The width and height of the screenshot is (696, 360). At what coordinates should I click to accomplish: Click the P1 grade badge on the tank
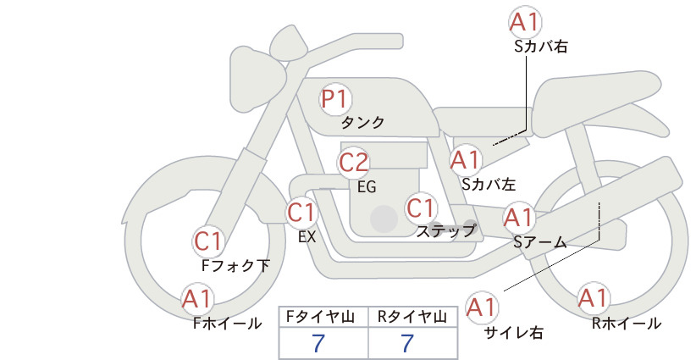coord(335,99)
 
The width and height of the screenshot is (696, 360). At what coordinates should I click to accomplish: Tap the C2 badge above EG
coord(354,163)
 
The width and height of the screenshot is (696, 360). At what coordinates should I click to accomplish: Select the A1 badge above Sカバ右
coord(525,22)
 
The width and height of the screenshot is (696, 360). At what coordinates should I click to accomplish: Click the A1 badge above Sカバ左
coord(466,160)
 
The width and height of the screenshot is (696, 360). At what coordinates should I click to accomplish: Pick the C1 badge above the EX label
coord(301,213)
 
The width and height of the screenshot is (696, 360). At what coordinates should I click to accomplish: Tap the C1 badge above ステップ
coord(421,208)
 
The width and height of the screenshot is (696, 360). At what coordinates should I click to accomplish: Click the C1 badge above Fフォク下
coord(208,242)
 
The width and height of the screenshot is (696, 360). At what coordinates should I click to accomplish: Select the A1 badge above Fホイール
coord(197,299)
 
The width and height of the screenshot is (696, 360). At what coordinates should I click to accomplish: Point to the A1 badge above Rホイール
coord(593,298)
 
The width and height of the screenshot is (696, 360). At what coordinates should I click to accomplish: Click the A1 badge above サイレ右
coord(482,307)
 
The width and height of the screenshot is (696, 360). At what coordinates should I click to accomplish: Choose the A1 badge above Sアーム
coord(518,218)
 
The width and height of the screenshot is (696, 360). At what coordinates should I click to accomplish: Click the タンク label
coord(362,123)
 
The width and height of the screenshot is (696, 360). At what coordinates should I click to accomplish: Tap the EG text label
coord(367,187)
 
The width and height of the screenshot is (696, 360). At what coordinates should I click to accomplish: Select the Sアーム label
coord(540,242)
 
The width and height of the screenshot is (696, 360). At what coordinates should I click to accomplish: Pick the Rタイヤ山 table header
coord(412,317)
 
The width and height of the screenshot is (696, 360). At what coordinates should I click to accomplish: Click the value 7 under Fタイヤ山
coord(318,343)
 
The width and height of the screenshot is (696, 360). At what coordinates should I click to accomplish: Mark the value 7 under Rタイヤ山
coord(407,343)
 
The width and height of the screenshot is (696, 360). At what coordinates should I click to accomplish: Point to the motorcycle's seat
coord(594,97)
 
